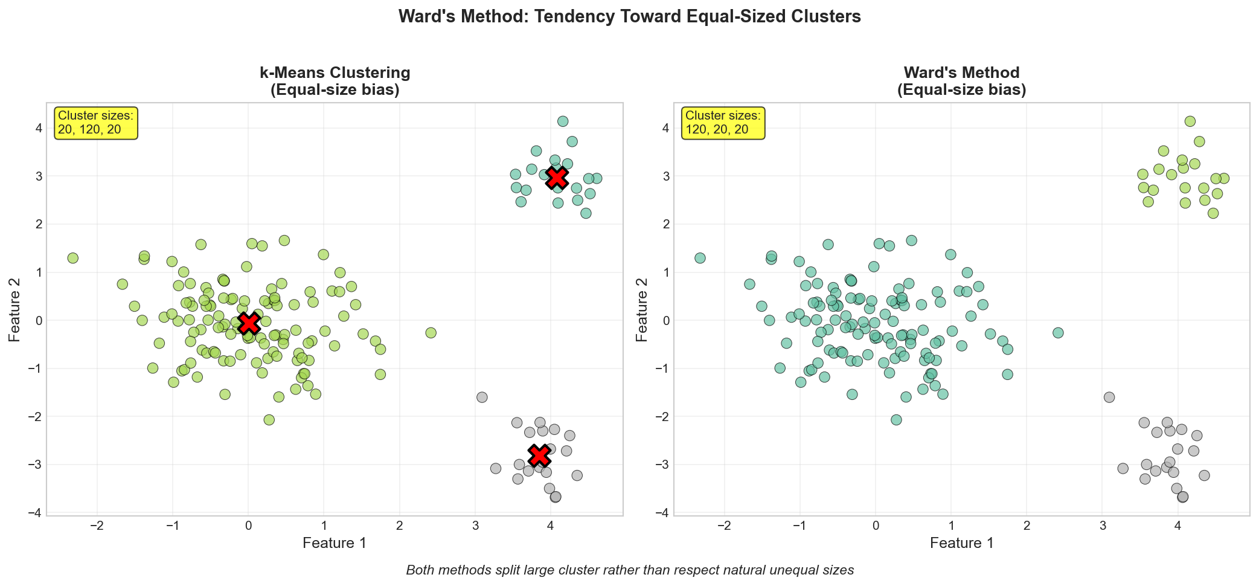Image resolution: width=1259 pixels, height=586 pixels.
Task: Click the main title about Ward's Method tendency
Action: (629, 16)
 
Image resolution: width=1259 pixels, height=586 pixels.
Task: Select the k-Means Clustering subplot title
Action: (335, 81)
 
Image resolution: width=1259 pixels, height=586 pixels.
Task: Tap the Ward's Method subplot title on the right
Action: (961, 81)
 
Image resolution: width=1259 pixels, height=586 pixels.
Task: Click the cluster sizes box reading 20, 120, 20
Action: (97, 122)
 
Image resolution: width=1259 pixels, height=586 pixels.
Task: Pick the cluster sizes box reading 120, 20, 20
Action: (723, 122)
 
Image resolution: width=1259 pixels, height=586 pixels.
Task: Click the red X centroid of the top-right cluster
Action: (557, 178)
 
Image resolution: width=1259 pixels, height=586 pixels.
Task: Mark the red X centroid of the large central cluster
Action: (249, 324)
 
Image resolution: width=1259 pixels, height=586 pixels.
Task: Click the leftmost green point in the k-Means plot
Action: (73, 258)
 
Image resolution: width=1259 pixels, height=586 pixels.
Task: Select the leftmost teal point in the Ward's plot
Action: (700, 258)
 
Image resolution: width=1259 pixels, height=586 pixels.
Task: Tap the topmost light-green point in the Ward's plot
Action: (1190, 121)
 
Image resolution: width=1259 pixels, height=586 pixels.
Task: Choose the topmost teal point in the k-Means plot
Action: (563, 121)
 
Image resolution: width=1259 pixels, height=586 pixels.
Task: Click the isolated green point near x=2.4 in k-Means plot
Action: (431, 333)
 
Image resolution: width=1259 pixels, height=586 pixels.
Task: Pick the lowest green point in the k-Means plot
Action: (269, 420)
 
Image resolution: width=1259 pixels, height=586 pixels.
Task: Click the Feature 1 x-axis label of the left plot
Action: (335, 543)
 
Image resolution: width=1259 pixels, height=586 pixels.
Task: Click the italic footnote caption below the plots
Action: (629, 570)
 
